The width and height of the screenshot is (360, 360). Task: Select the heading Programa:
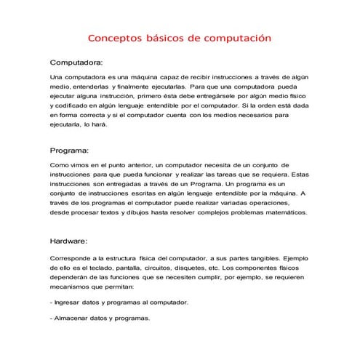pos(68,151)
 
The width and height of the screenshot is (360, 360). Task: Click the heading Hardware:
pos(68,241)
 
